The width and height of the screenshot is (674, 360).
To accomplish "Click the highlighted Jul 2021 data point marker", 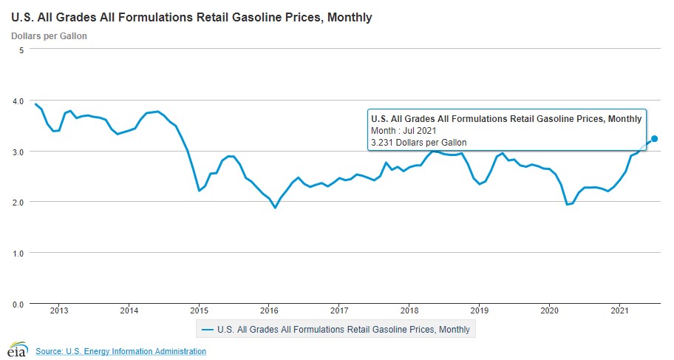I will point(654,139).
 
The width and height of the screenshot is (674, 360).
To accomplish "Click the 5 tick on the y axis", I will point(22,50).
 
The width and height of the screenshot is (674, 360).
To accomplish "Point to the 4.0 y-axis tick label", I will point(18,101).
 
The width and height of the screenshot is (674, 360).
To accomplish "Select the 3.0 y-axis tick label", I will point(18,152).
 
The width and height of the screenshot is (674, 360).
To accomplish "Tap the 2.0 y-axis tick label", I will point(18,202).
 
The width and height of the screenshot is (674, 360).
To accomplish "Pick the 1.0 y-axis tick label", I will point(18,253).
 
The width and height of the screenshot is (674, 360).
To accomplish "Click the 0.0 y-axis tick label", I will point(18,304).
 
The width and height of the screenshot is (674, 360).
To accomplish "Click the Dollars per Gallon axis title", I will point(49,35).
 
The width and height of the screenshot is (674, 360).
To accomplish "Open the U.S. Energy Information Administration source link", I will point(120,350).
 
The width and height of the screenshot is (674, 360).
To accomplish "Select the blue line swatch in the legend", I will point(208,329).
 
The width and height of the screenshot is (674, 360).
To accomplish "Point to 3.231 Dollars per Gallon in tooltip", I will point(418,142).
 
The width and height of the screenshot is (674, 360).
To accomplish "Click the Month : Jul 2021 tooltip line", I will point(408,130).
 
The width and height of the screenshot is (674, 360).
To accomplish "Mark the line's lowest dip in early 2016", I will point(275,208).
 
